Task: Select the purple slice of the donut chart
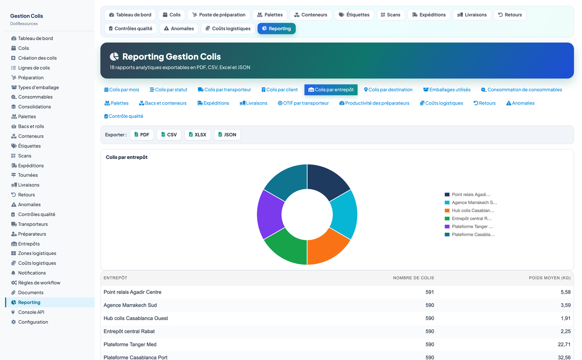coord(269,215)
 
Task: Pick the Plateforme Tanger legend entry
coord(469,226)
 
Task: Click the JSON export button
coord(227,134)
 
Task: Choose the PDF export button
coord(142,134)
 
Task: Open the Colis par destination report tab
coord(388,90)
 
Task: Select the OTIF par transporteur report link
coord(303,103)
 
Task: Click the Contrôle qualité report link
coord(123,116)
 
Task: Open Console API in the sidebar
coord(31,312)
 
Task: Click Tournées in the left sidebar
coord(28,175)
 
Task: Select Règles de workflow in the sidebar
coord(39,283)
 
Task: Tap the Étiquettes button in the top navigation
coord(354,15)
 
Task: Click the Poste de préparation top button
coord(219,15)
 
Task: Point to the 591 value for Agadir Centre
coord(429,292)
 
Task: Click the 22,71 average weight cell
coord(564,344)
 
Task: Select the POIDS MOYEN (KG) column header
coord(549,278)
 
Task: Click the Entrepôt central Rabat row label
coord(129,331)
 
